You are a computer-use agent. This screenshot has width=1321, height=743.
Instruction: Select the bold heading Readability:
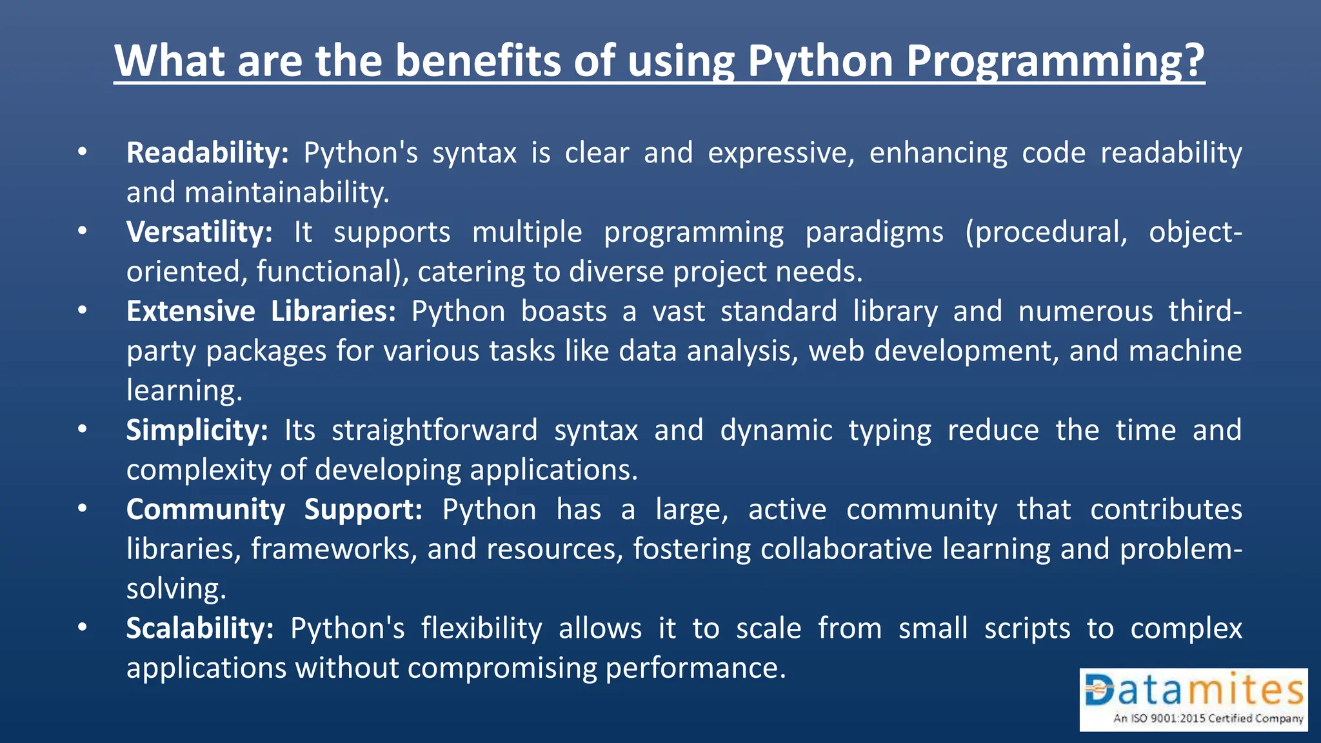[207, 154]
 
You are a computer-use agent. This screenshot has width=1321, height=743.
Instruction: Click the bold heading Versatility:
[199, 232]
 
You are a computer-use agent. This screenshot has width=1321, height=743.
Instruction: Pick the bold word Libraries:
[333, 312]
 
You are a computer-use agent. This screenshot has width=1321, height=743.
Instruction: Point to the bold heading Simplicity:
[197, 430]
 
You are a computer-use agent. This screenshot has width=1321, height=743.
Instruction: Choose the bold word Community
[205, 510]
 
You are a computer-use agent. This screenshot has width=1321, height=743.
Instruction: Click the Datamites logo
[1193, 699]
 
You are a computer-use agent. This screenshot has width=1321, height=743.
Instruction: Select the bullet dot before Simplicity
[82, 429]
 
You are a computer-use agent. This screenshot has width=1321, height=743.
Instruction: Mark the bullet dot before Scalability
[82, 627]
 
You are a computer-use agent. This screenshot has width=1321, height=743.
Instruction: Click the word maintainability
[286, 193]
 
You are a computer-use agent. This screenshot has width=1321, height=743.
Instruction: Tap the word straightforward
[434, 430]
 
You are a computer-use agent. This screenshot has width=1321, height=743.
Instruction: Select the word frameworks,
[334, 550]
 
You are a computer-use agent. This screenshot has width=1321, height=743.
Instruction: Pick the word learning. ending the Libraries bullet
[184, 391]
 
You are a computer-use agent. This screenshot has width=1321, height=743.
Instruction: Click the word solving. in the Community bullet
[176, 589]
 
